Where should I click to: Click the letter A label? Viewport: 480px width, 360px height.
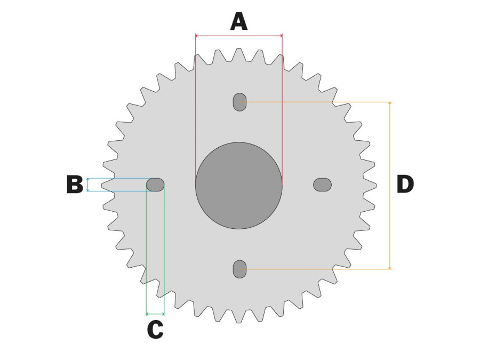(239, 21)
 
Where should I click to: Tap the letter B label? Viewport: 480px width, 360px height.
(75, 185)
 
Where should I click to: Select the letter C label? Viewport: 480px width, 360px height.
(155, 330)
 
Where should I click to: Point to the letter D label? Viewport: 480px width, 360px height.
(405, 185)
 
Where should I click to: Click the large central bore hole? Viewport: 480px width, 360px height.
(239, 186)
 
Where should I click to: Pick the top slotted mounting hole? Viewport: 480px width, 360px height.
(239, 102)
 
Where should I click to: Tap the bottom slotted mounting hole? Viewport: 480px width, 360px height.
(239, 269)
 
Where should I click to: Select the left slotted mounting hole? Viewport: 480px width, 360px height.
(155, 185)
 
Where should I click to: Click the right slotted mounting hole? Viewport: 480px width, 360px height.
(322, 185)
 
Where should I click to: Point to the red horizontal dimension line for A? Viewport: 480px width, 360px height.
(239, 36)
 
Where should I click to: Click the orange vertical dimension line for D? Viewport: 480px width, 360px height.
(390, 186)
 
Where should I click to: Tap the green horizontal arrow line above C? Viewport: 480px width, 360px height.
(155, 314)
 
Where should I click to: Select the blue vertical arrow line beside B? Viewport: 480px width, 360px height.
(88, 185)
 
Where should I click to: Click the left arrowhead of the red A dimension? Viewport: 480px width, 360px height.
(196, 36)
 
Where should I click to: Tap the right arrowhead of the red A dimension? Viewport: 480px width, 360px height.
(281, 36)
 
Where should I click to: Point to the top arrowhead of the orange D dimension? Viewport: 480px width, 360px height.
(390, 103)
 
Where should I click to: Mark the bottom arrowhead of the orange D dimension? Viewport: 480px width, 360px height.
(390, 268)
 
